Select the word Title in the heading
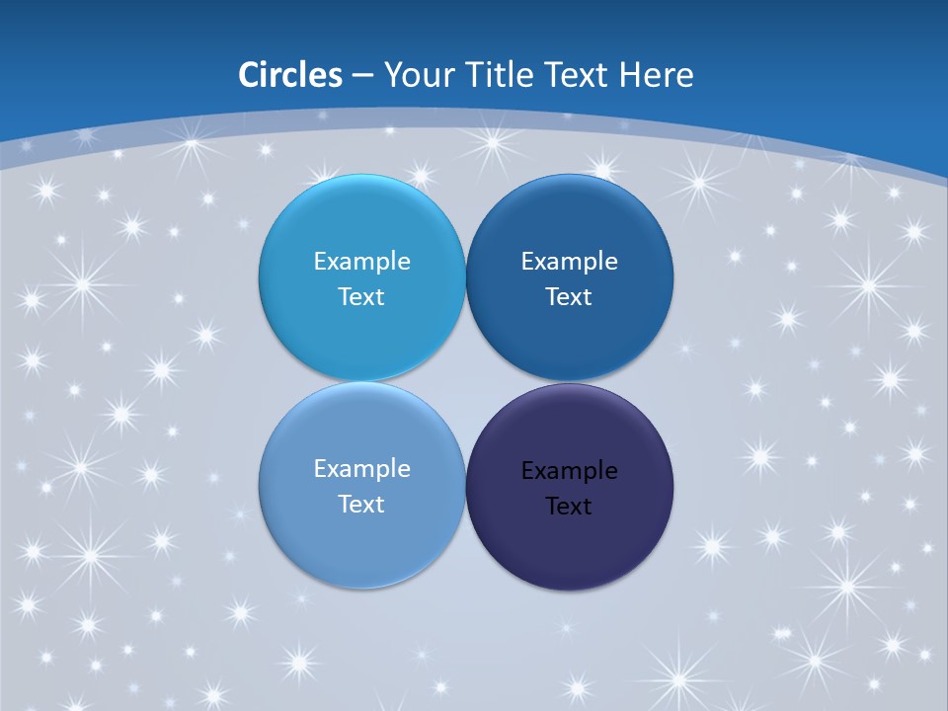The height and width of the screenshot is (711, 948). tap(494, 75)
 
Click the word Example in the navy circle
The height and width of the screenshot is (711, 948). tap(569, 471)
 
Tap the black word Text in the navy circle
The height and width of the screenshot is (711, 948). tap(569, 507)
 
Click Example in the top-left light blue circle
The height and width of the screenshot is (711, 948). tap(361, 262)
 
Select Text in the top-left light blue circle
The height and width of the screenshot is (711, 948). tap(361, 297)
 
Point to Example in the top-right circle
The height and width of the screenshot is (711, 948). tap(569, 262)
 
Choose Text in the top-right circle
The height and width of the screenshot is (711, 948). tap(569, 297)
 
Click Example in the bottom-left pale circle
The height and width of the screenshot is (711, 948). tap(361, 469)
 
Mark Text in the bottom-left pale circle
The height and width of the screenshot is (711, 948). tap(361, 505)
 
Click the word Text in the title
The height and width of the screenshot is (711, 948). tap(578, 75)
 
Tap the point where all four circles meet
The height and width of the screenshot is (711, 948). tap(465, 382)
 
